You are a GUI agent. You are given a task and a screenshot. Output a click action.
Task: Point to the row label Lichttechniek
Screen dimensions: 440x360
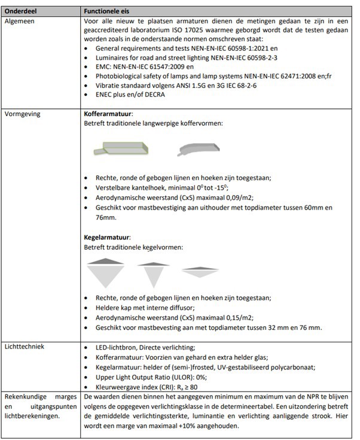pyautogui.click(x=25, y=347)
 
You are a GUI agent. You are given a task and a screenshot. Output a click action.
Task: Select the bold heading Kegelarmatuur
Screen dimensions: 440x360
pyautogui.click(x=106, y=238)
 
